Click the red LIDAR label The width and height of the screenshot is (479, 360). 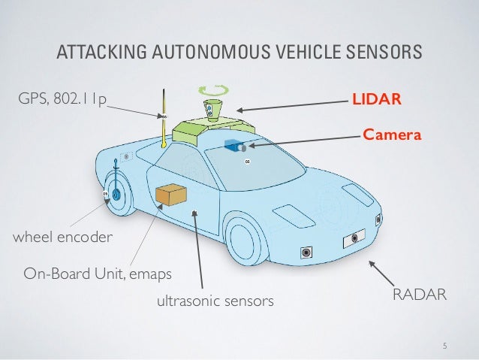(x=381, y=98)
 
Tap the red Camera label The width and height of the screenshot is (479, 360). (x=389, y=134)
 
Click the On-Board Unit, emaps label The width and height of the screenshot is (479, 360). (x=98, y=271)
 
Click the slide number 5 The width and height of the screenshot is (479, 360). (x=444, y=346)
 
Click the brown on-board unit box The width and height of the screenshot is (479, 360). (x=170, y=195)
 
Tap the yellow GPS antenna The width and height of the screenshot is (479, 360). (x=162, y=120)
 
